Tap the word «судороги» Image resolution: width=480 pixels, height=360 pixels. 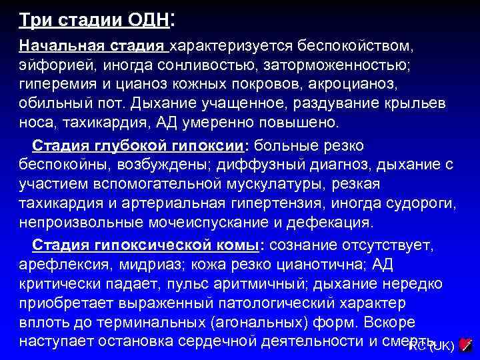419,202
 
